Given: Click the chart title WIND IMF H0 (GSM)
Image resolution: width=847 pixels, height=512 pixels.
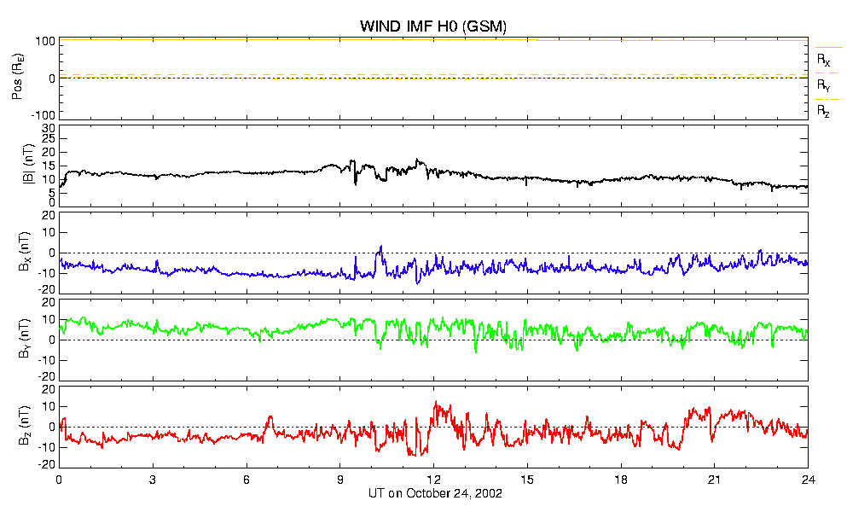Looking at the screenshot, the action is pyautogui.click(x=433, y=26).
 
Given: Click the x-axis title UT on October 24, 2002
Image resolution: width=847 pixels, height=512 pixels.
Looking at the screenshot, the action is pyautogui.click(x=435, y=493).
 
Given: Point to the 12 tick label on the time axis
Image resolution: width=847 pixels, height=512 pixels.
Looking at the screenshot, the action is pyautogui.click(x=433, y=480).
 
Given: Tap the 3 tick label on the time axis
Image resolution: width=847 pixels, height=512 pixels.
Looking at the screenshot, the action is pyautogui.click(x=153, y=480).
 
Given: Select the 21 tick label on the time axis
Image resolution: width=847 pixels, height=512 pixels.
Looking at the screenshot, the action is pyautogui.click(x=714, y=480).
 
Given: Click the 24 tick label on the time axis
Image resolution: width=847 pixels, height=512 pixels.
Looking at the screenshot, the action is pyautogui.click(x=808, y=480).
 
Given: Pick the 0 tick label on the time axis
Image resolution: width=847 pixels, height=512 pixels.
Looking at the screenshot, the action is pyautogui.click(x=59, y=480).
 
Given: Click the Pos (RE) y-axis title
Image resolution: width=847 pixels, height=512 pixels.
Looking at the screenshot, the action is pyautogui.click(x=17, y=78).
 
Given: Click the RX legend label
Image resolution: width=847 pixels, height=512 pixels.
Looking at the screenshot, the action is pyautogui.click(x=823, y=60).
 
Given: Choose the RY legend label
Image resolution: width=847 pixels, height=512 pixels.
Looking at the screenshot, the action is pyautogui.click(x=823, y=85).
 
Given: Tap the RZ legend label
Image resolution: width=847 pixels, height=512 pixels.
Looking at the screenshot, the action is pyautogui.click(x=823, y=112).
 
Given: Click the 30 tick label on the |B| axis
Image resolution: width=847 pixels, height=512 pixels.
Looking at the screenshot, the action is pyautogui.click(x=49, y=129).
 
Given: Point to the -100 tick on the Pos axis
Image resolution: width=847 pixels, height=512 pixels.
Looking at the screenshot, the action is pyautogui.click(x=45, y=115).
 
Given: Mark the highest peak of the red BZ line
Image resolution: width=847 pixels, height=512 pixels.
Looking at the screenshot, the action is pyautogui.click(x=436, y=402).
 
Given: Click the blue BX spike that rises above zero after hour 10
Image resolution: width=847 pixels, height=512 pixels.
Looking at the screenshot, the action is pyautogui.click(x=380, y=247).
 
